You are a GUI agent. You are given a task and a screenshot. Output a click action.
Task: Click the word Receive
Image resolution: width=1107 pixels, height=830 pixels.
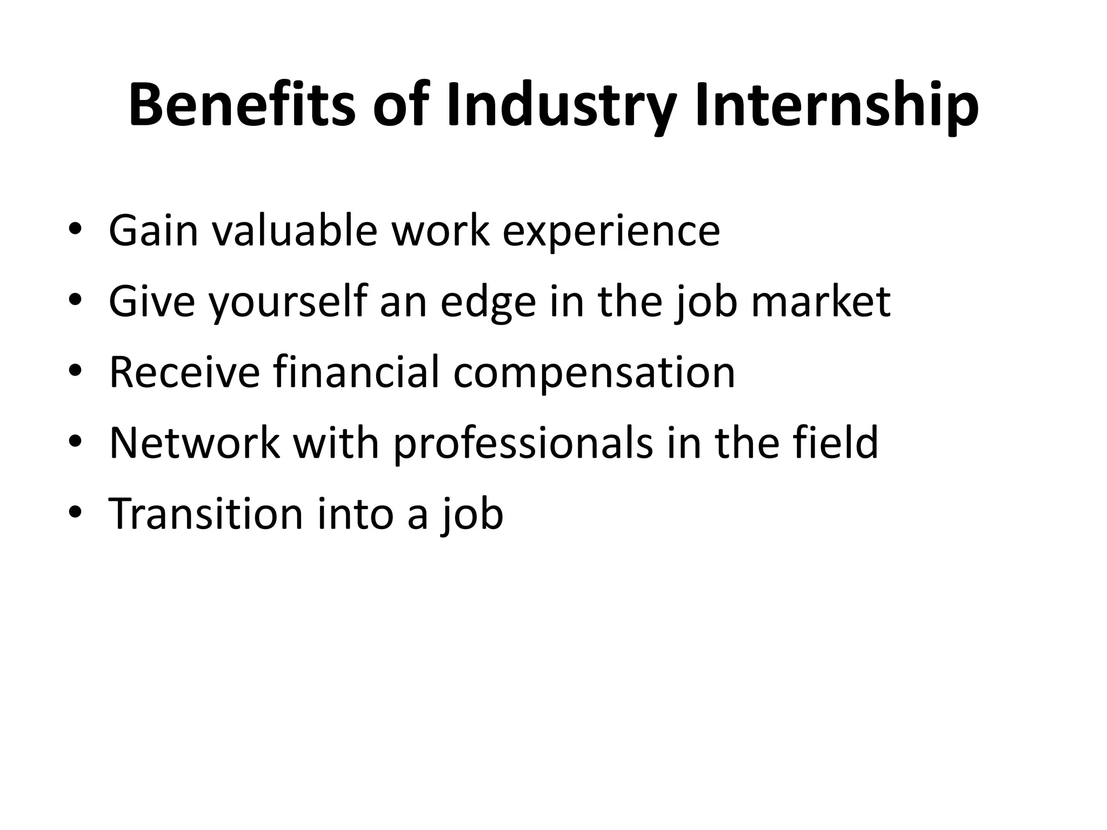point(184,372)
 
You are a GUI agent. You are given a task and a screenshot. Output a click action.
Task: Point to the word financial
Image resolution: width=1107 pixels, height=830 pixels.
point(356,372)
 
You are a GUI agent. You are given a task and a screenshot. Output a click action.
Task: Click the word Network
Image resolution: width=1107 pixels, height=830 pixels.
point(195,443)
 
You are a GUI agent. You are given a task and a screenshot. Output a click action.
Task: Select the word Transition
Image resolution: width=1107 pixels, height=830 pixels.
point(206,513)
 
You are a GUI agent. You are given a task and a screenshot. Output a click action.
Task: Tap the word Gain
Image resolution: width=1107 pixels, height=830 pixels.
point(154,231)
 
